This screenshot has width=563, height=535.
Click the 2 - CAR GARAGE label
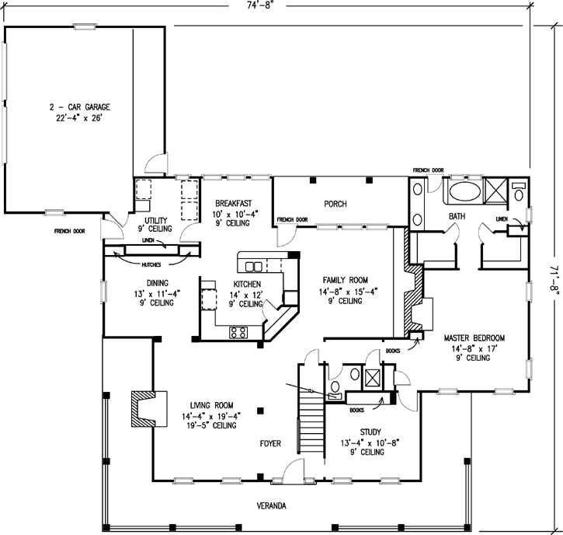(x=80, y=107)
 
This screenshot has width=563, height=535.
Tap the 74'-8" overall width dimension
(x=258, y=5)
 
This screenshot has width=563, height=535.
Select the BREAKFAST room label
(x=234, y=204)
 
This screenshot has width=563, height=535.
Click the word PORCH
(x=335, y=205)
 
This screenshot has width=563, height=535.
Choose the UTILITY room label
(x=156, y=220)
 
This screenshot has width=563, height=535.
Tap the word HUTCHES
(x=151, y=265)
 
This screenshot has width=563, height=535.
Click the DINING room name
(x=158, y=283)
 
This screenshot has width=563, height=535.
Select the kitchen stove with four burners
(x=238, y=332)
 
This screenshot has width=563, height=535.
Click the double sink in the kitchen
(x=253, y=267)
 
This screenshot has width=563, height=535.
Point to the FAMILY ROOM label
(x=345, y=280)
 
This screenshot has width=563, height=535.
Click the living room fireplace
(x=149, y=409)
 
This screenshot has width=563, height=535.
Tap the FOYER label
(x=270, y=444)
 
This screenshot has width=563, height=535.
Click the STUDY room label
(x=370, y=432)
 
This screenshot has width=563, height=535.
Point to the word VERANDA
(x=272, y=506)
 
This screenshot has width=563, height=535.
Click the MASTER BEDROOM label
(x=474, y=338)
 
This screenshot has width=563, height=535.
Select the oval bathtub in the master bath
(x=465, y=192)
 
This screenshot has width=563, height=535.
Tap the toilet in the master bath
(x=519, y=192)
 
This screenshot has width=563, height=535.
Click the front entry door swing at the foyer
(x=294, y=469)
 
